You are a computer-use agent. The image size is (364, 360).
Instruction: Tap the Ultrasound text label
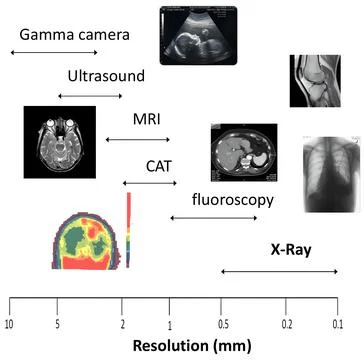pos(106,76)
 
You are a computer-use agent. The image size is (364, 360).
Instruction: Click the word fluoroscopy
pos(232,199)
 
